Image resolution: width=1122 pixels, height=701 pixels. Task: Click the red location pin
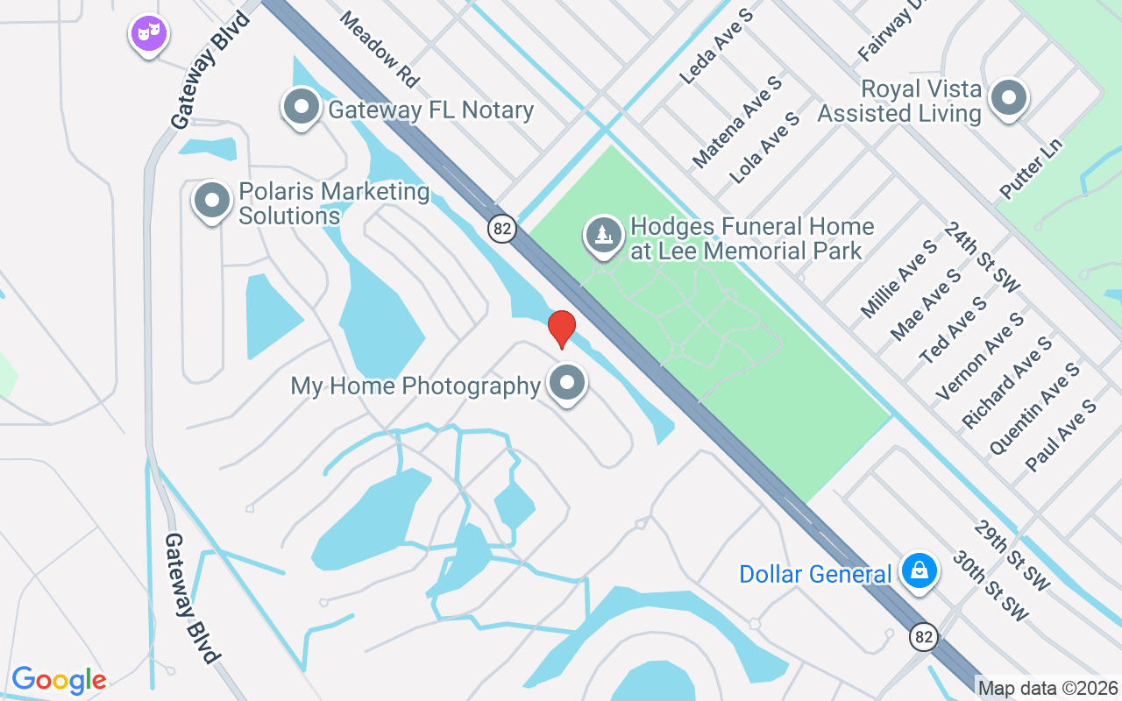tap(561, 329)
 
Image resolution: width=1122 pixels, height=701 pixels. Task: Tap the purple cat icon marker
tap(149, 34)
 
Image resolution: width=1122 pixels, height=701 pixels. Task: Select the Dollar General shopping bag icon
tap(919, 571)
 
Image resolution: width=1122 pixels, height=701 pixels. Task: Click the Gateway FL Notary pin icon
tap(302, 107)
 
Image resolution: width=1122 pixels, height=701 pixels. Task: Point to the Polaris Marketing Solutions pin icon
tap(211, 201)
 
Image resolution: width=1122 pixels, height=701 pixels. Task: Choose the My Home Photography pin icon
tap(567, 383)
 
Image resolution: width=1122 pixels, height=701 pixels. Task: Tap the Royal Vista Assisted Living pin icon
tap(1008, 98)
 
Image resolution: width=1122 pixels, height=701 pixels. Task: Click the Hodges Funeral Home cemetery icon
tap(603, 236)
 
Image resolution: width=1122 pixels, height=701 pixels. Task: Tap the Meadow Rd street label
tap(380, 49)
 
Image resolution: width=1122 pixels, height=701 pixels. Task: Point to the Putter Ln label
tap(1030, 167)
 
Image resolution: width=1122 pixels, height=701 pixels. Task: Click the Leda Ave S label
tap(717, 46)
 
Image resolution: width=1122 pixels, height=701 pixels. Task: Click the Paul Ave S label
tap(1061, 435)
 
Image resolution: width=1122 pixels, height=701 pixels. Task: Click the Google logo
tap(59, 680)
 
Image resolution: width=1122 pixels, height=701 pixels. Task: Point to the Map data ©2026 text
tap(1047, 689)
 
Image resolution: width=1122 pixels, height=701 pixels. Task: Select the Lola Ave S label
tap(764, 147)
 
